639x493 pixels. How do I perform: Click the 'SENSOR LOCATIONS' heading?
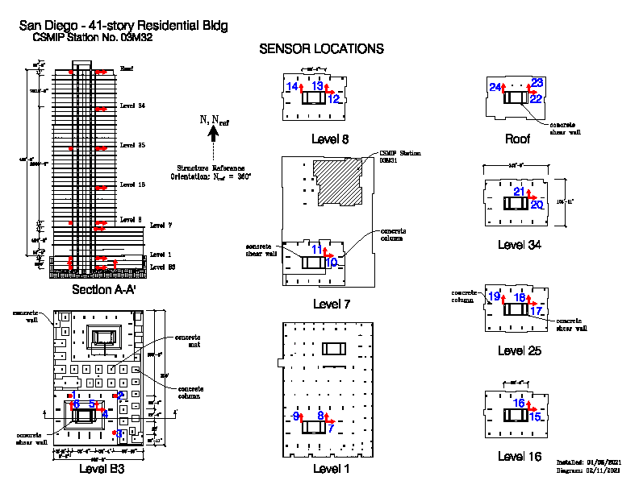point(321,49)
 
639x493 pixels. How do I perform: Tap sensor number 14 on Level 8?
point(292,86)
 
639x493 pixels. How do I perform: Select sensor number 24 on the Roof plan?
point(495,87)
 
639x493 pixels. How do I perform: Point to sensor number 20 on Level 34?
point(537,205)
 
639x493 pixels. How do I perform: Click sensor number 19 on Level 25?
point(494,296)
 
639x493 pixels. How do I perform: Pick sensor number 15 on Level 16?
point(535,416)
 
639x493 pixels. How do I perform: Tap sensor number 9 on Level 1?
point(296,416)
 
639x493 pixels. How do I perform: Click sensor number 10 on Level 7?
point(331,263)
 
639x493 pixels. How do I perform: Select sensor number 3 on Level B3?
point(119,433)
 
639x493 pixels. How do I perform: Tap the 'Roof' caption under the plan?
point(517,139)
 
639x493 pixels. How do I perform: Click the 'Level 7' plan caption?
point(330,304)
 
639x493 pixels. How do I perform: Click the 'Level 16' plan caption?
point(519,457)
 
